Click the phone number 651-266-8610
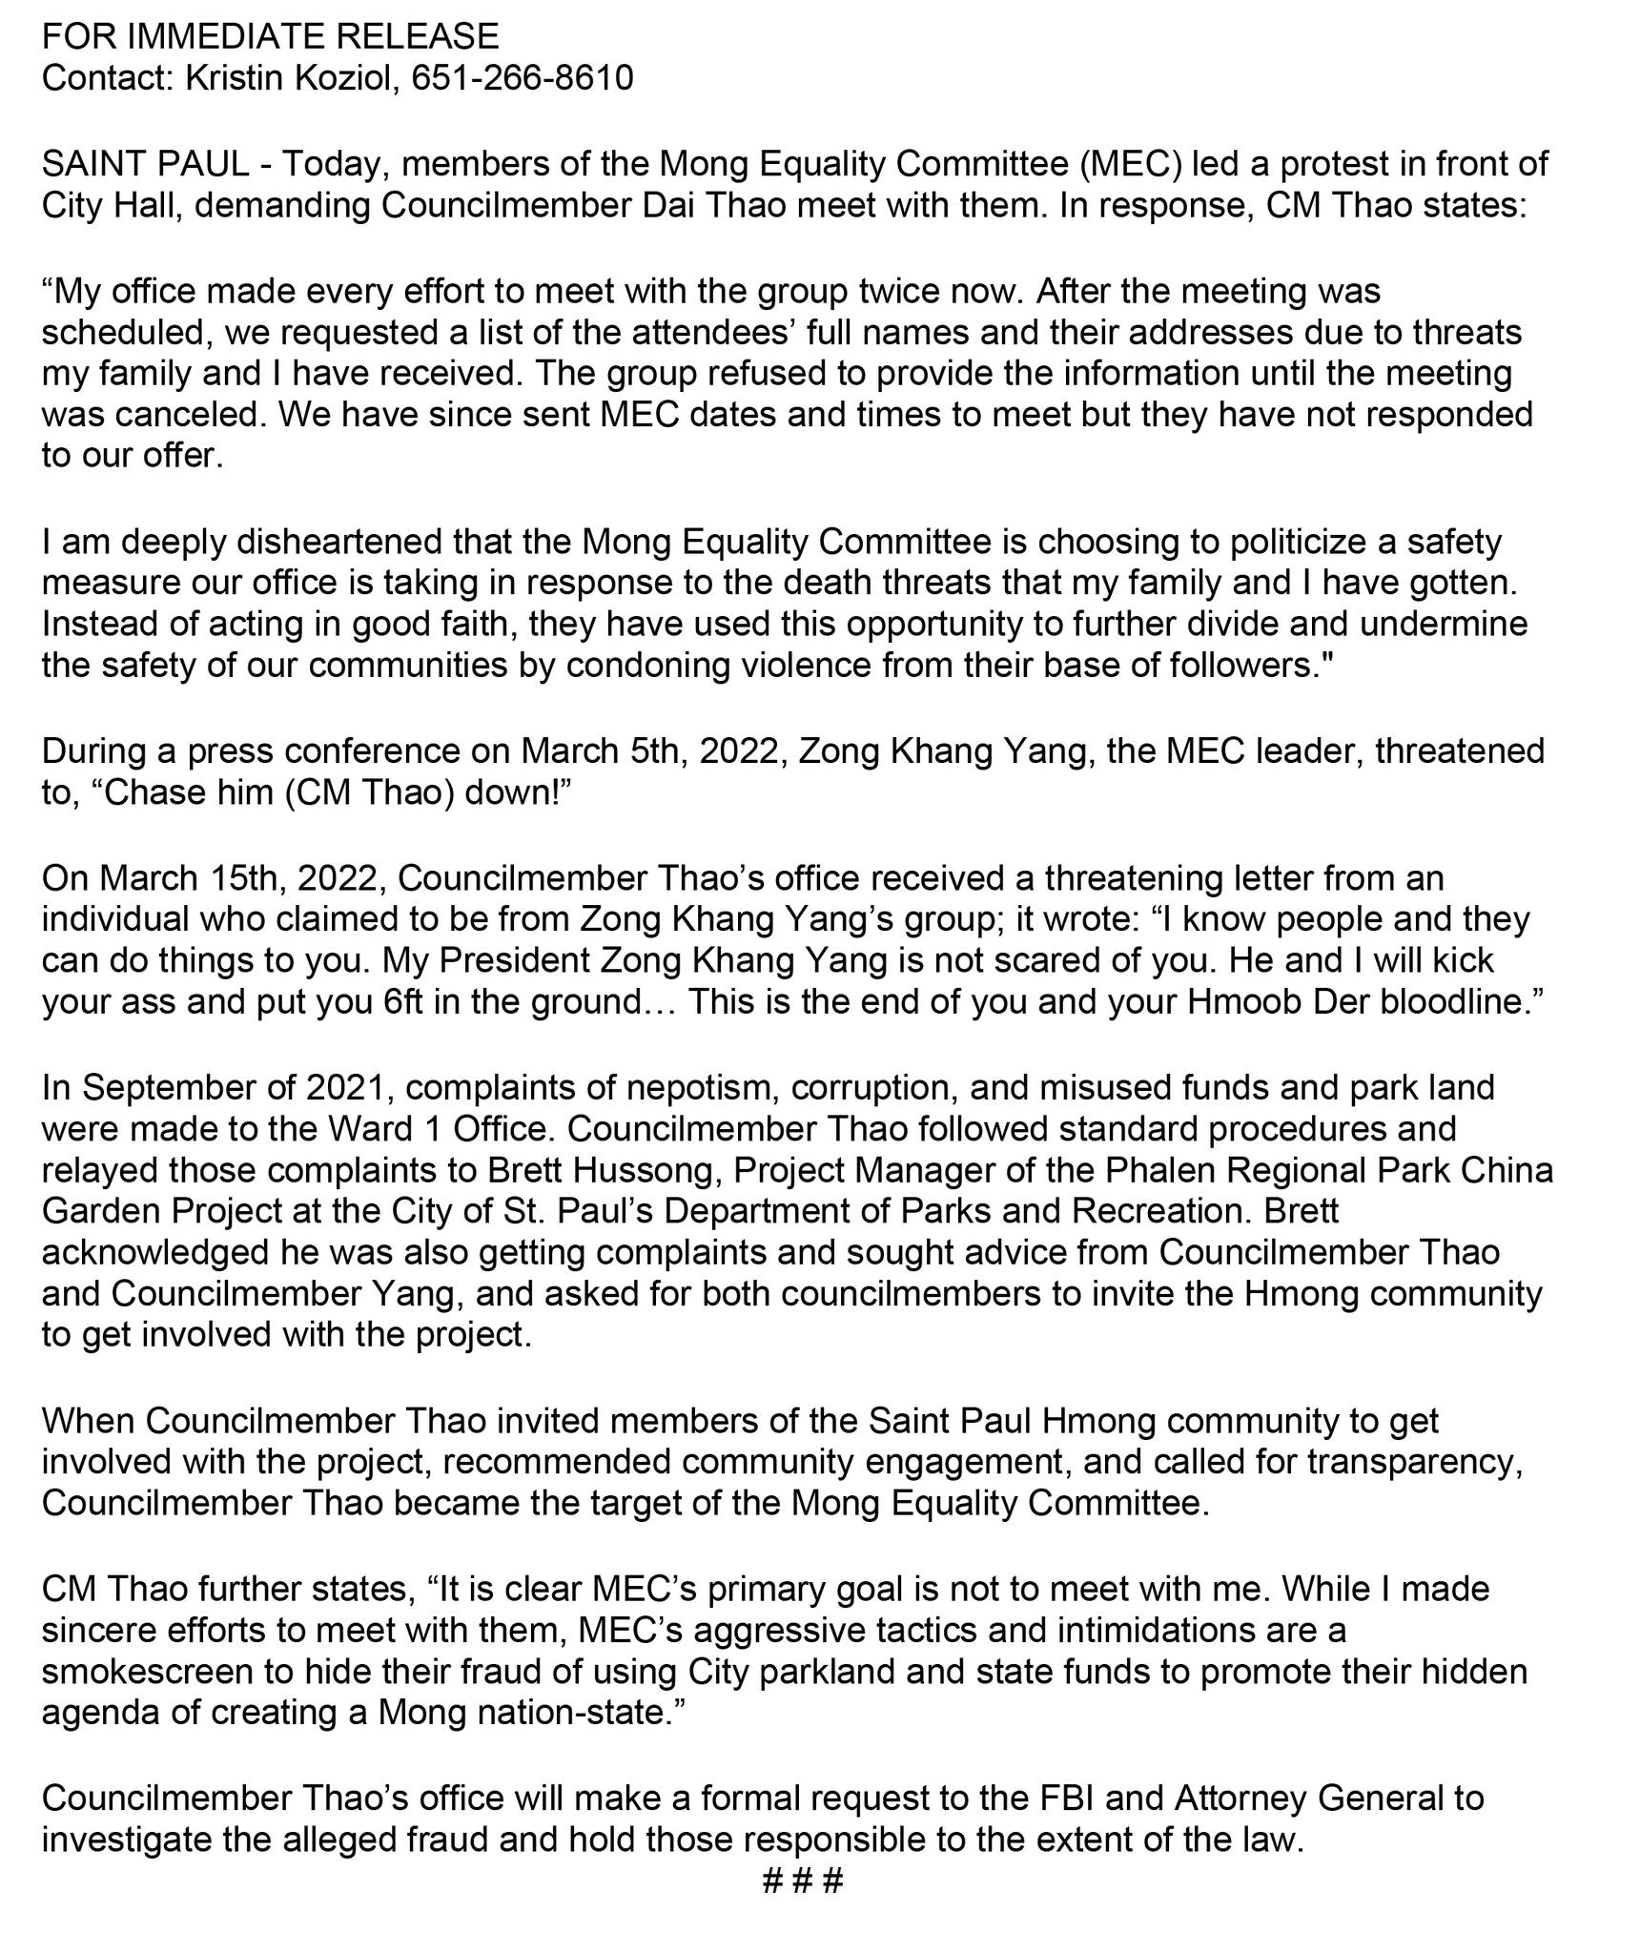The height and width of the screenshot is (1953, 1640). [x=522, y=77]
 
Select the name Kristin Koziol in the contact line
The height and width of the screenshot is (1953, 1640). [x=287, y=77]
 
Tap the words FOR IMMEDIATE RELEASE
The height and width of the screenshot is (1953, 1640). [x=270, y=36]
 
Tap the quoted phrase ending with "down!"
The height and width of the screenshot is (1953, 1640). [x=331, y=793]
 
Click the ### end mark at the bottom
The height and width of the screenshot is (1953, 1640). [x=803, y=1881]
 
